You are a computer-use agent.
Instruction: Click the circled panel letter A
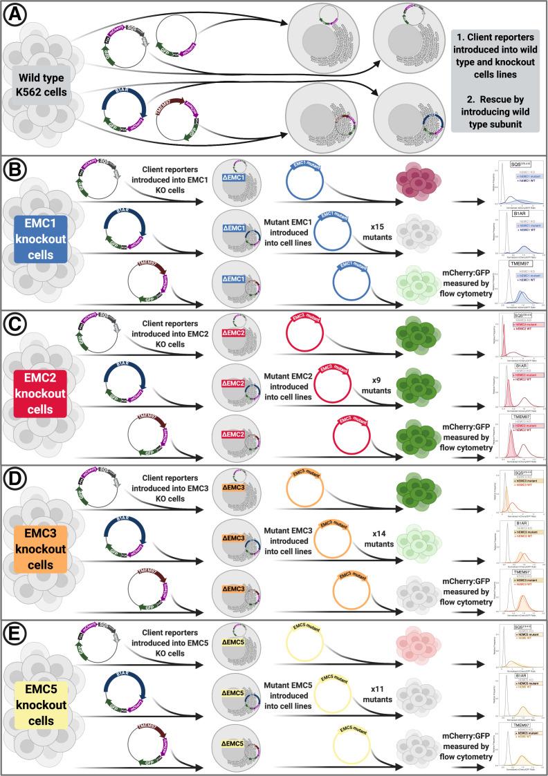coord(13,15)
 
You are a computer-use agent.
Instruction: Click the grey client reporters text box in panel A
coord(493,81)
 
